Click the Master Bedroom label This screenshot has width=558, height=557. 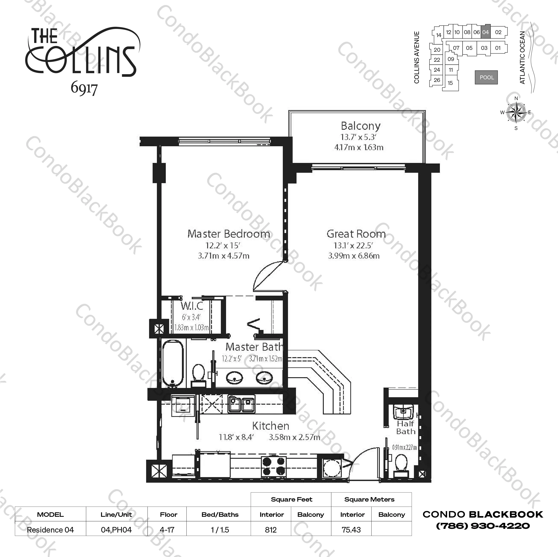coord(229,234)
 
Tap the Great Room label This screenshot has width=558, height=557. coord(356,234)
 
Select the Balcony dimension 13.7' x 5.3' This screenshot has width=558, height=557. coord(358,137)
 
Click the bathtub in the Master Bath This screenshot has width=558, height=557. coord(173,363)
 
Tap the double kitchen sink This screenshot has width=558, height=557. coord(241,404)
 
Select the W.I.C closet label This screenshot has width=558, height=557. coord(192,306)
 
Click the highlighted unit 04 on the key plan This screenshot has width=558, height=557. coord(485,32)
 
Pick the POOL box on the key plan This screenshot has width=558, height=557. coord(486,77)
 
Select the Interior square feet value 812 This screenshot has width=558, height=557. coord(271,530)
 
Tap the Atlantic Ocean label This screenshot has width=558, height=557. coord(522,58)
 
